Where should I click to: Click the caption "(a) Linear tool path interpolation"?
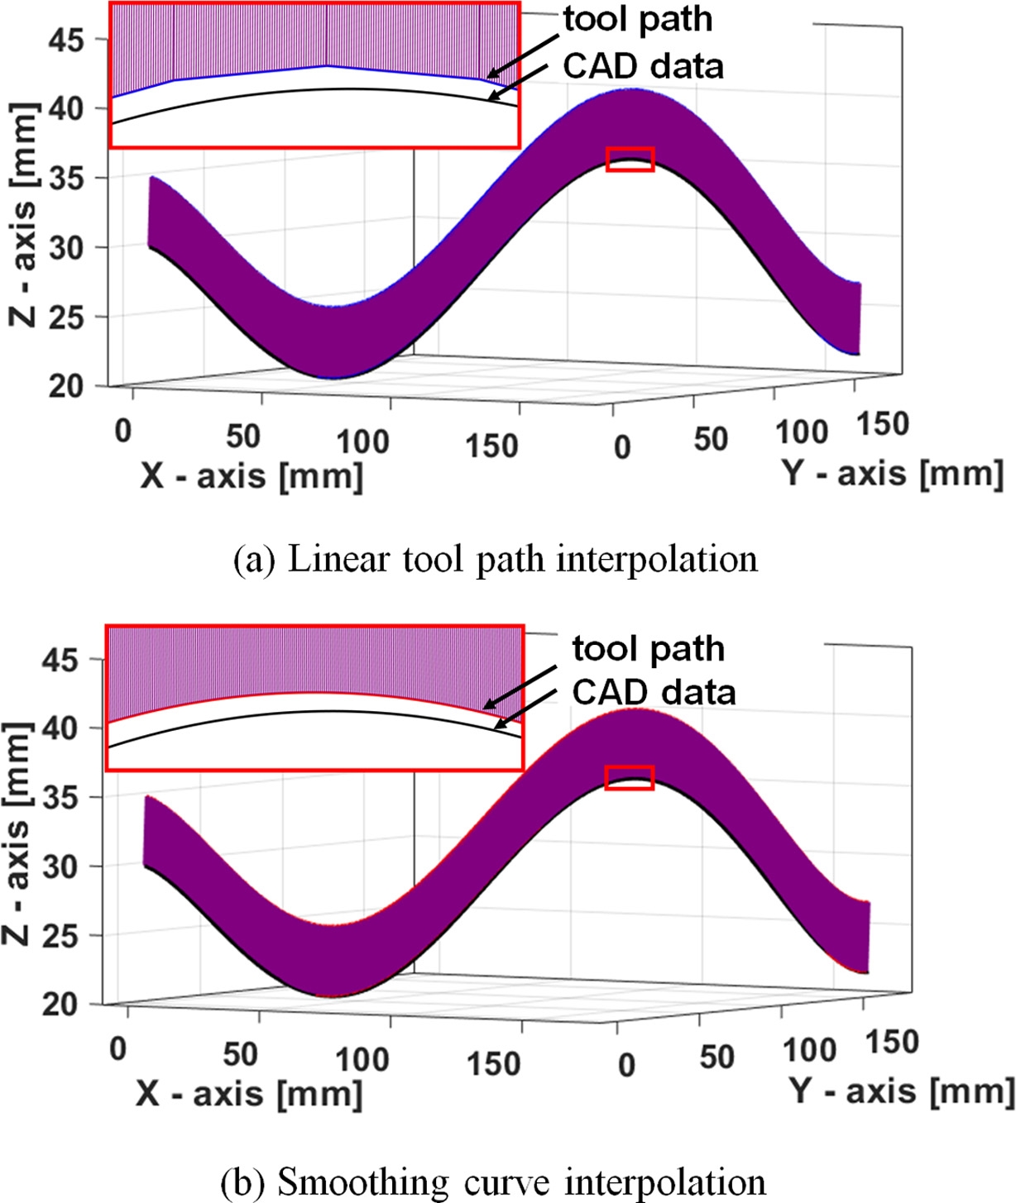[495, 560]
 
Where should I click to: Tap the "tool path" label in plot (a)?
[637, 20]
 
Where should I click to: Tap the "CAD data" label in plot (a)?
[643, 66]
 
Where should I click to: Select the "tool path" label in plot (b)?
[648, 649]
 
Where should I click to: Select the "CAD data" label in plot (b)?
[654, 692]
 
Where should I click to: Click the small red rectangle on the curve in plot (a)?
[630, 159]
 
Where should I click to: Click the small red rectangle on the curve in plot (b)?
[629, 777]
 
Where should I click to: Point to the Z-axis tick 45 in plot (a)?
[65, 40]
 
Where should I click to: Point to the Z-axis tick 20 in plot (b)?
[60, 1005]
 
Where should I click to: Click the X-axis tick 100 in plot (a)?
[362, 442]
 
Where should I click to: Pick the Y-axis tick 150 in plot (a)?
[882, 424]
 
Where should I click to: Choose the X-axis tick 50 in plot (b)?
[240, 1054]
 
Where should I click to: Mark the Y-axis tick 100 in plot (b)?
[809, 1050]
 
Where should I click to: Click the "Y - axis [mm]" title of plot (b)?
[900, 1091]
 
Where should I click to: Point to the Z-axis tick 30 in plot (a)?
[65, 247]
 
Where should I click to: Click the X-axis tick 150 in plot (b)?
[493, 1063]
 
